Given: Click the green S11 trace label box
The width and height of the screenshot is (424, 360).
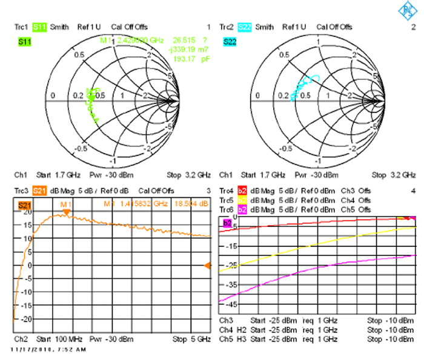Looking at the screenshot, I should click(25, 42).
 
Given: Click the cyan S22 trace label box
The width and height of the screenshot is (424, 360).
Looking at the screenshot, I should click(230, 42).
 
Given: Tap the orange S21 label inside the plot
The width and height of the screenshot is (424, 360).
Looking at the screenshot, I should click(25, 206).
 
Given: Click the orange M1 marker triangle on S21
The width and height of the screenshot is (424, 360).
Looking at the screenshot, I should click(67, 212).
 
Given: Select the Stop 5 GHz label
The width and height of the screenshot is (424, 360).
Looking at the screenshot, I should click(191, 339).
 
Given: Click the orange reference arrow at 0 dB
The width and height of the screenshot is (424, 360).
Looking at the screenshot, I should click(207, 266).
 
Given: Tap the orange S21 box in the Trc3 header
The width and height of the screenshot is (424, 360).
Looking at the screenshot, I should click(39, 191).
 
